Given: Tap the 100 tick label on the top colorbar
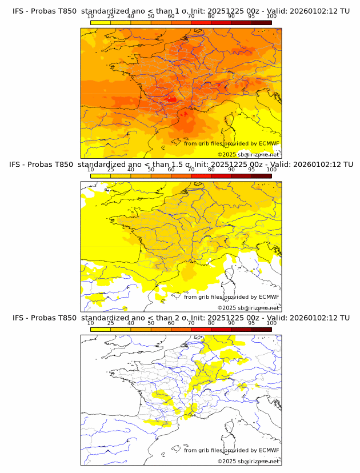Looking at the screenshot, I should coord(271,17).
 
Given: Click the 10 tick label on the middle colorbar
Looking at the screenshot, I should coord(91,170).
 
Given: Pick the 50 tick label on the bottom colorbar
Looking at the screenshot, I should coord(151,323).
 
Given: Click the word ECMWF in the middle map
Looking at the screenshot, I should coord(269,296).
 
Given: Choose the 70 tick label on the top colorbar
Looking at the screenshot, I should coord(191,17).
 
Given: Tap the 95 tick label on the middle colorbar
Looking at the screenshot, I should coord(251,170).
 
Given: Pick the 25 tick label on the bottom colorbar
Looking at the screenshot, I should coord(111,323).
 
